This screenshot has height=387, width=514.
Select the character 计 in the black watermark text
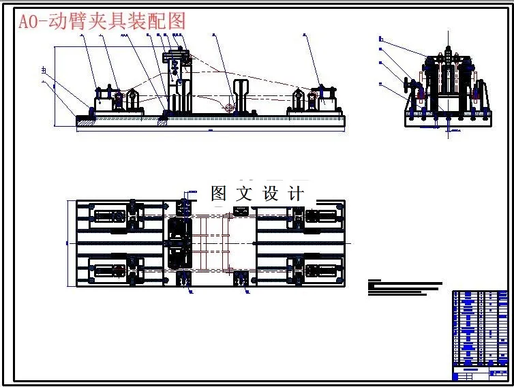[x=297, y=193]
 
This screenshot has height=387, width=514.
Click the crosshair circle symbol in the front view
[x=230, y=107]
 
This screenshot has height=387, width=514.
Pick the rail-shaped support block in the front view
[x=241, y=95]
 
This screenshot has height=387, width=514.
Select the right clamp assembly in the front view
[x=313, y=100]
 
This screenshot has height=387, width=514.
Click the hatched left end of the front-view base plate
[x=87, y=122]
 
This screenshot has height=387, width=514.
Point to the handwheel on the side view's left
[x=410, y=87]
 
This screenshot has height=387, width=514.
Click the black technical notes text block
[x=402, y=288]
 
